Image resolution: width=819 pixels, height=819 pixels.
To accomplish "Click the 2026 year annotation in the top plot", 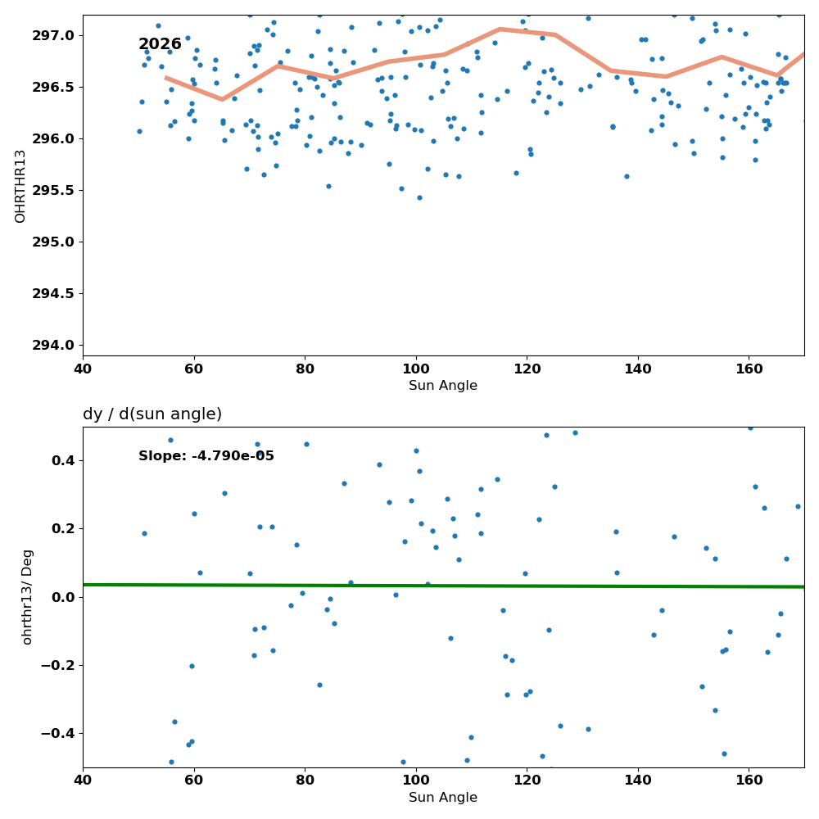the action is click(x=160, y=44).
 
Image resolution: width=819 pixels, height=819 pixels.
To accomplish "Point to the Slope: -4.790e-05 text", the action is click(x=206, y=456).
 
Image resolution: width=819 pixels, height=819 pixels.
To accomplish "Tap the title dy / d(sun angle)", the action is click(x=152, y=414).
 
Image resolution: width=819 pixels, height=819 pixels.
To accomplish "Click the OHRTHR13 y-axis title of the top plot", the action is click(x=20, y=187).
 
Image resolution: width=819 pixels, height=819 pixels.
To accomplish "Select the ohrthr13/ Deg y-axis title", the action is click(x=27, y=597).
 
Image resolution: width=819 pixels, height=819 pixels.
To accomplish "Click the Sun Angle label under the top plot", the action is click(x=443, y=386).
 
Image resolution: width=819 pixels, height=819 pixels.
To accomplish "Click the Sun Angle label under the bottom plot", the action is click(x=443, y=798).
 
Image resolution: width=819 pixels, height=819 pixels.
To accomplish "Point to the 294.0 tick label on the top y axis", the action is click(x=54, y=346).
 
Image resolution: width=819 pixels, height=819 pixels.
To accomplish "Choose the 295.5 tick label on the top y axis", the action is click(x=54, y=191).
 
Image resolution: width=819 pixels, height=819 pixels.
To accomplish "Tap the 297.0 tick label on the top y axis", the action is click(x=54, y=36).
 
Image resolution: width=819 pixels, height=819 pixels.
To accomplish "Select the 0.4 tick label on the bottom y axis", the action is click(x=64, y=460).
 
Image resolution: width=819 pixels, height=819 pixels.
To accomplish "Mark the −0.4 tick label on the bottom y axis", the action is click(x=58, y=734).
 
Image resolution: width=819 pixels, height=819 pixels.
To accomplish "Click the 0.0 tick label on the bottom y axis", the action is click(x=64, y=597).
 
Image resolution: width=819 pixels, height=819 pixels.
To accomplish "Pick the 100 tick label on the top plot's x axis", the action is click(x=416, y=369).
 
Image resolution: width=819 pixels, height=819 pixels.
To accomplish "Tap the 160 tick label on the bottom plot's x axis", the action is click(x=749, y=781).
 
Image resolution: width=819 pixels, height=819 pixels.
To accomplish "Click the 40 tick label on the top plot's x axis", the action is click(x=83, y=369).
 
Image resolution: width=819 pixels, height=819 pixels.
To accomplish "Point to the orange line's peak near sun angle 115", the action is click(x=500, y=29).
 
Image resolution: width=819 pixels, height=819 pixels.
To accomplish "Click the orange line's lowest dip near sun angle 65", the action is click(x=222, y=99).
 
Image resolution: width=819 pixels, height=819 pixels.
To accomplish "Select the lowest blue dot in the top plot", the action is click(x=419, y=198).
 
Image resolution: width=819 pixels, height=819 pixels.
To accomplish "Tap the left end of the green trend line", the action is click(x=84, y=585).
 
